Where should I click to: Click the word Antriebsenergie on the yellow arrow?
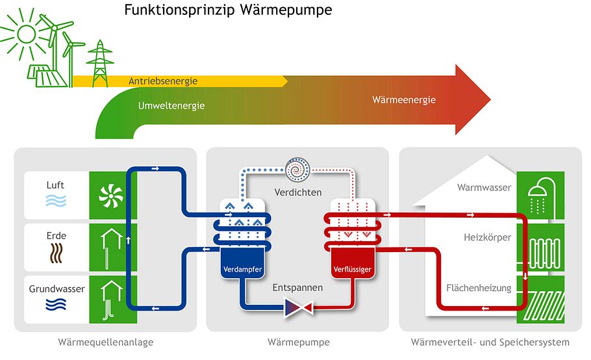162,81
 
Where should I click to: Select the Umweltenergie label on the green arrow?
171,105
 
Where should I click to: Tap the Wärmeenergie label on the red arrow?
404,100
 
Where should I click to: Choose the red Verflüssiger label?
351,270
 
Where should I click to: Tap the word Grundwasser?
57,289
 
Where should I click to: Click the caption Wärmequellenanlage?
106,342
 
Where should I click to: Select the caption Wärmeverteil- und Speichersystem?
490,342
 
